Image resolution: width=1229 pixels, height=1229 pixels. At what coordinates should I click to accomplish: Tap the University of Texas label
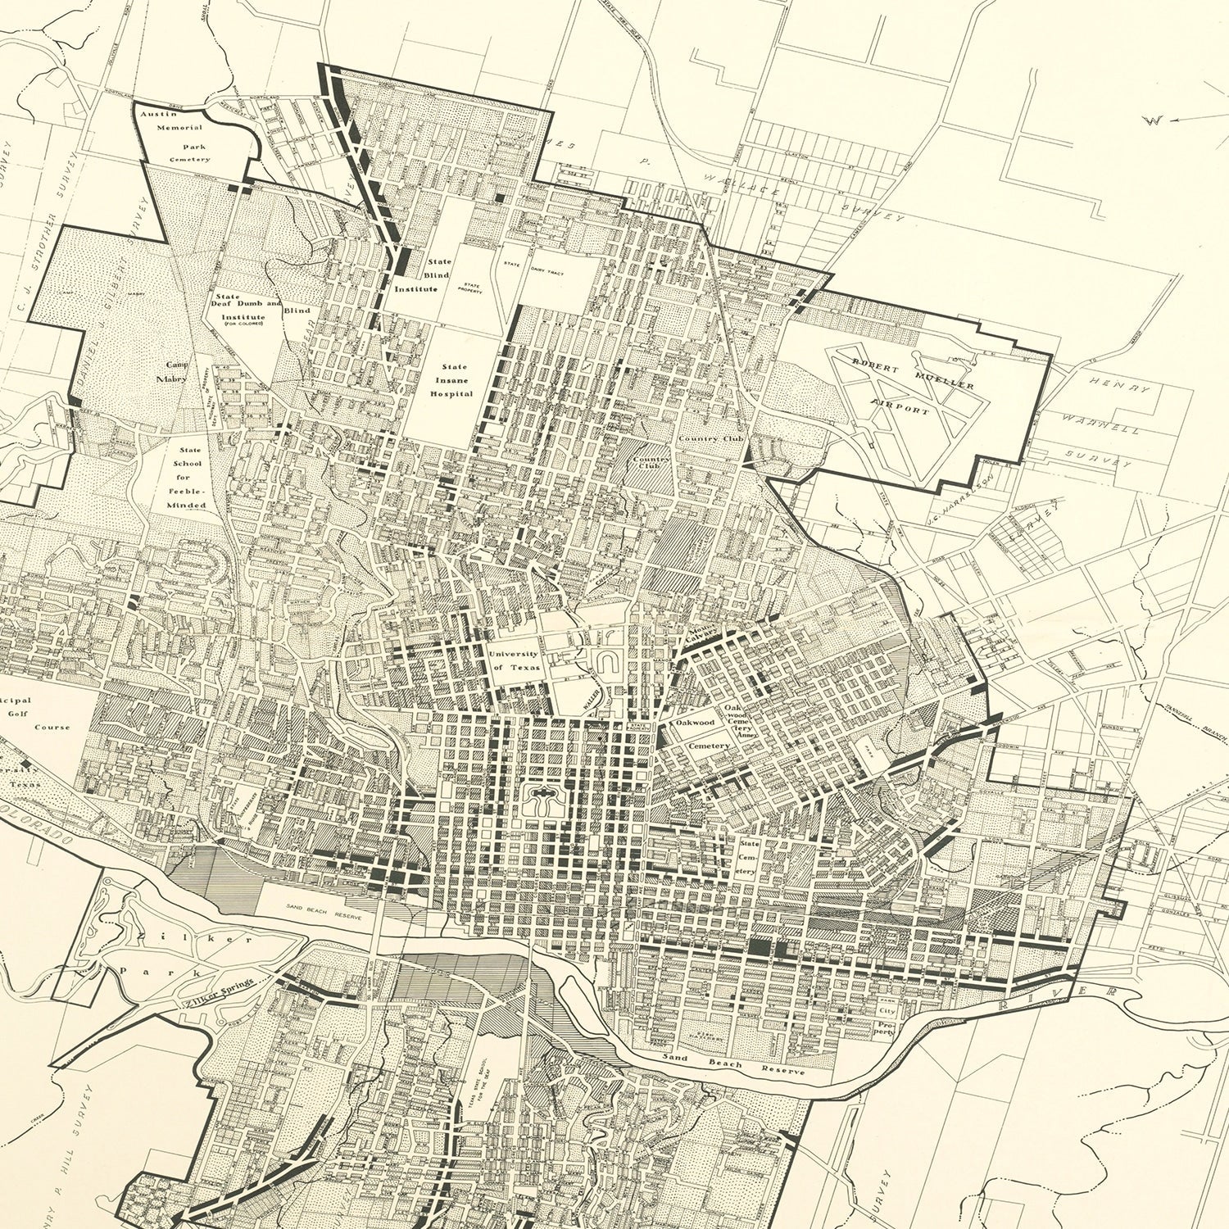click(514, 660)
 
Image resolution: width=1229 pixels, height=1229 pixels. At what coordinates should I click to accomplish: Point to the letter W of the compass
click(1155, 120)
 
